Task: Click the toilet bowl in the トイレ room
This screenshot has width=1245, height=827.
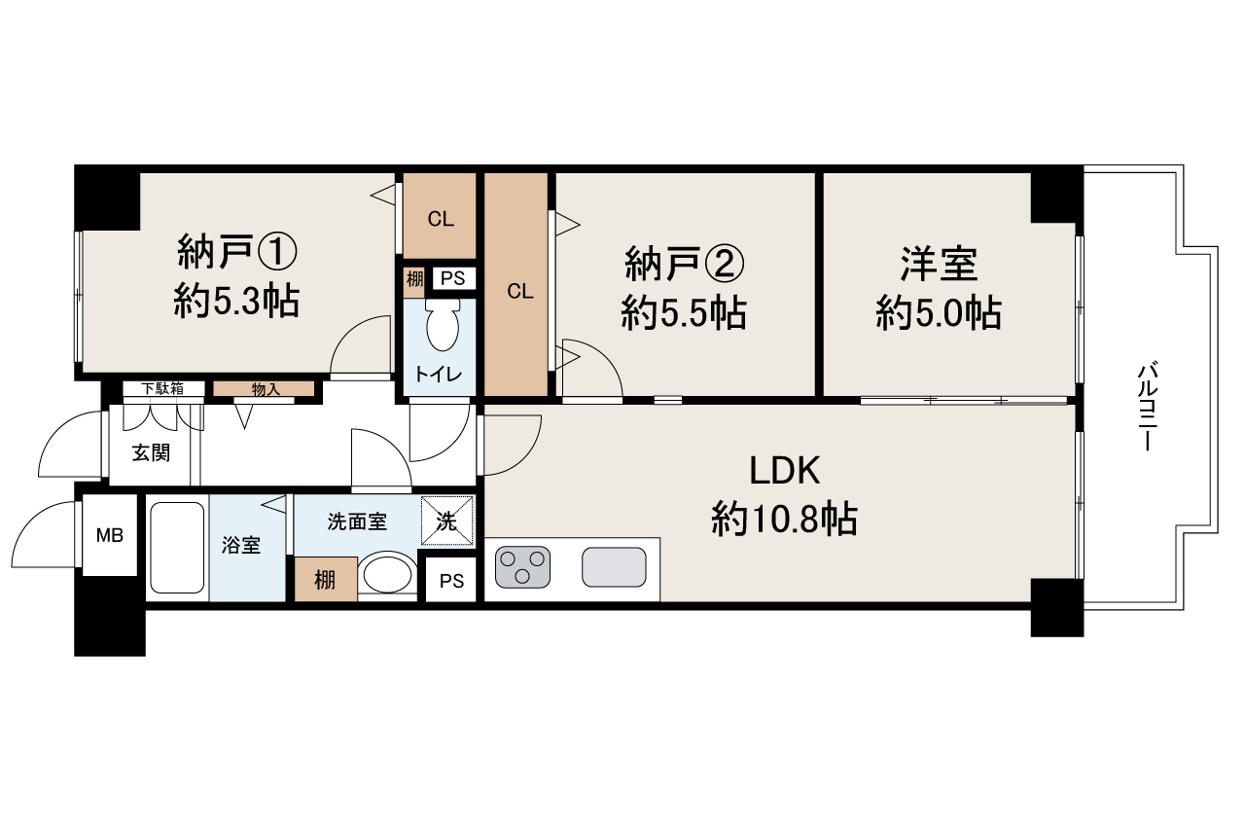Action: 443,326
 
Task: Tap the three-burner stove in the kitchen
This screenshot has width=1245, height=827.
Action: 522,567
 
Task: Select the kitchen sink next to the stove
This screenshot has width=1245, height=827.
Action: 614,567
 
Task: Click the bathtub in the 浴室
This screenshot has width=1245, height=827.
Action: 177,548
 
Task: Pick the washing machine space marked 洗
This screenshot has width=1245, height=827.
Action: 446,521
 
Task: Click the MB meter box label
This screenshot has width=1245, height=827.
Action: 110,535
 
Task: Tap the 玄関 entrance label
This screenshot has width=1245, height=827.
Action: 151,453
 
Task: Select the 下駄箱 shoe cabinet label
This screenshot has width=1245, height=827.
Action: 162,388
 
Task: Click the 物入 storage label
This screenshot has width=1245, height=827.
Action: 266,389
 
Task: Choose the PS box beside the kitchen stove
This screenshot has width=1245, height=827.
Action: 451,581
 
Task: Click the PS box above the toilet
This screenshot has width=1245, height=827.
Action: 453,278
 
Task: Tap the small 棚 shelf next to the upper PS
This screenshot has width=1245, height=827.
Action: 414,278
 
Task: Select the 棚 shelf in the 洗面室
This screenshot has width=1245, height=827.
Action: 325,579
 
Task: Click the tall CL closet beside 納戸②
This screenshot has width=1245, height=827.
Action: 516,284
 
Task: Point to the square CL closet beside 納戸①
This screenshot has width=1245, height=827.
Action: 440,216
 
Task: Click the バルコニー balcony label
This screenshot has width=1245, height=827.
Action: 1149,407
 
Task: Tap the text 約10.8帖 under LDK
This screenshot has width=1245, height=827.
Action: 784,519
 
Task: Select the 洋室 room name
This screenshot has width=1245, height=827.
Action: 939,265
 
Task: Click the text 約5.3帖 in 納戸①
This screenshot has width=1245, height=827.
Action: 236,301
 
